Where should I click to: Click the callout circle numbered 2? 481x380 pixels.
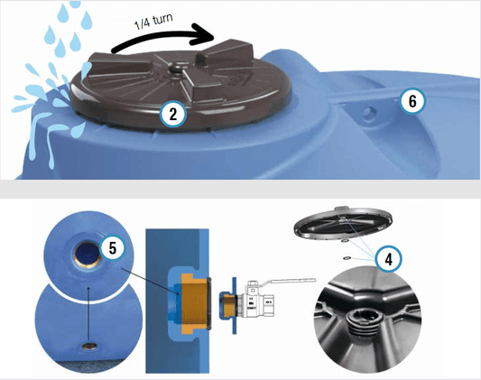point(173,115)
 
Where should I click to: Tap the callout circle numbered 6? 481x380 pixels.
point(412,101)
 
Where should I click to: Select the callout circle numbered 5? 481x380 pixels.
point(113,248)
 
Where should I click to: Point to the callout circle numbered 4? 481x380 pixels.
point(389,260)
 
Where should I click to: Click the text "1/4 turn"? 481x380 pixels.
point(153,22)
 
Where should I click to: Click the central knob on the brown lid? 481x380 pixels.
point(177,65)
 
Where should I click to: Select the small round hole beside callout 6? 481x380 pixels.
point(369,115)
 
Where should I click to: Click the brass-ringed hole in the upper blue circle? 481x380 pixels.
point(88,255)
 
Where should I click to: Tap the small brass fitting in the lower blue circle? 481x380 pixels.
point(89,347)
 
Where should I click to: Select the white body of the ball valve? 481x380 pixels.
point(259,301)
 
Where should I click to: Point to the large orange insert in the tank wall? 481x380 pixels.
point(194,303)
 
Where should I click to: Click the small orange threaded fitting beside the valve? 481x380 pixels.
point(228,305)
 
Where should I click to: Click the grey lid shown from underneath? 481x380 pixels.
point(343,223)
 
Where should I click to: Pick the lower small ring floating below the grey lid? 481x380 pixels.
point(347,258)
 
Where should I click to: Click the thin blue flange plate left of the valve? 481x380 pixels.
point(234,305)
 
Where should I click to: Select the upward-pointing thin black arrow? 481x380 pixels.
point(88,314)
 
